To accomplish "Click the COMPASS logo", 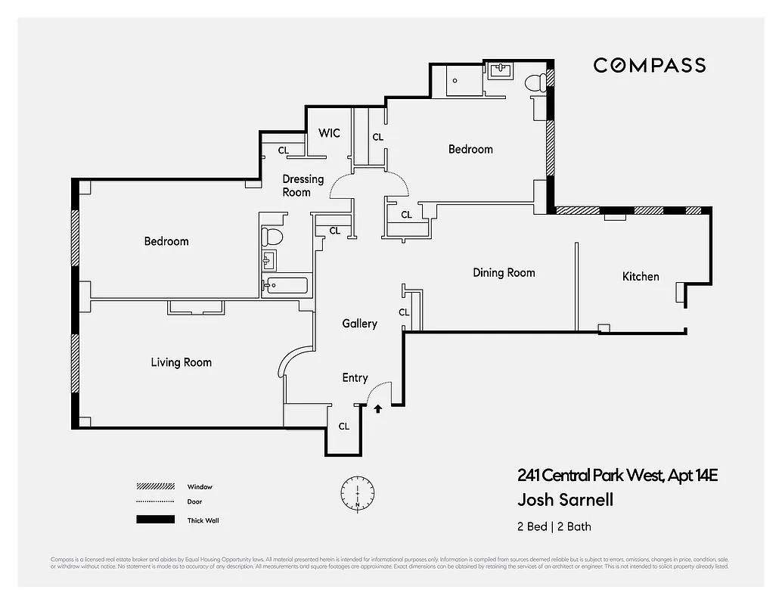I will pos(649,65).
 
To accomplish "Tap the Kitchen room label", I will pos(641,276).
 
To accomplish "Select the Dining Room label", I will pos(504,272).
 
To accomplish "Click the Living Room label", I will pos(181,362).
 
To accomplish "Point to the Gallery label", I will pos(359,324).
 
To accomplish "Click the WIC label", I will pos(329,133).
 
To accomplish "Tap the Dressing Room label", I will pos(303,185).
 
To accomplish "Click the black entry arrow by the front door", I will pos(378,409).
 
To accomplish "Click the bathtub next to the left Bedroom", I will pos(286,287).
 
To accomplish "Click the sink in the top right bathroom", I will pos(501,71).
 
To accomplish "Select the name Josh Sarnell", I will pos(565,500).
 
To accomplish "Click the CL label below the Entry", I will pos(343,427).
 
